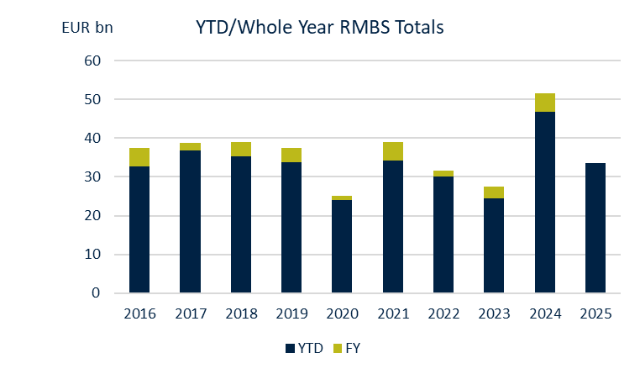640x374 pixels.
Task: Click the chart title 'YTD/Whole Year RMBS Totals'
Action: pyautogui.click(x=319, y=28)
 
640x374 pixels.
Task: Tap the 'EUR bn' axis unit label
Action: pyautogui.click(x=87, y=28)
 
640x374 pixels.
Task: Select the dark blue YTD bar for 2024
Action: pyautogui.click(x=544, y=202)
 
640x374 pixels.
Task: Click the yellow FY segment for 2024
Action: pyautogui.click(x=544, y=103)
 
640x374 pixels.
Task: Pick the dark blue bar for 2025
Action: pyautogui.click(x=595, y=228)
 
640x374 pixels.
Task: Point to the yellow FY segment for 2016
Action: pyautogui.click(x=139, y=157)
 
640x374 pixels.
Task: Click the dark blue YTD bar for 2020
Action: pyautogui.click(x=342, y=246)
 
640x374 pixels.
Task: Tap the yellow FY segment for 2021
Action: pyautogui.click(x=392, y=151)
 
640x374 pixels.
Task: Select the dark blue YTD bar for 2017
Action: pyautogui.click(x=190, y=222)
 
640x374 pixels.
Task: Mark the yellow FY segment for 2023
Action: pyautogui.click(x=494, y=192)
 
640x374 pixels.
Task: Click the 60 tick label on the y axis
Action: pyautogui.click(x=92, y=61)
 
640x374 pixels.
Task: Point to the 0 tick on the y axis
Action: pyautogui.click(x=97, y=293)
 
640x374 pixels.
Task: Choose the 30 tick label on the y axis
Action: pyautogui.click(x=92, y=177)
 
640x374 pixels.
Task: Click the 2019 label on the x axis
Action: pyautogui.click(x=291, y=315)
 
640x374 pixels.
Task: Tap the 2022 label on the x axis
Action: pyautogui.click(x=443, y=315)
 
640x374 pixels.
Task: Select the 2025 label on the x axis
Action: pyautogui.click(x=595, y=315)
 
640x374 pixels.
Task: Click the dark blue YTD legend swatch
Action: pyautogui.click(x=290, y=348)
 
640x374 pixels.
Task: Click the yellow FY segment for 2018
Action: pyautogui.click(x=241, y=149)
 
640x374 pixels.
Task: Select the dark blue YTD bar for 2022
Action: pyautogui.click(x=443, y=234)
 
